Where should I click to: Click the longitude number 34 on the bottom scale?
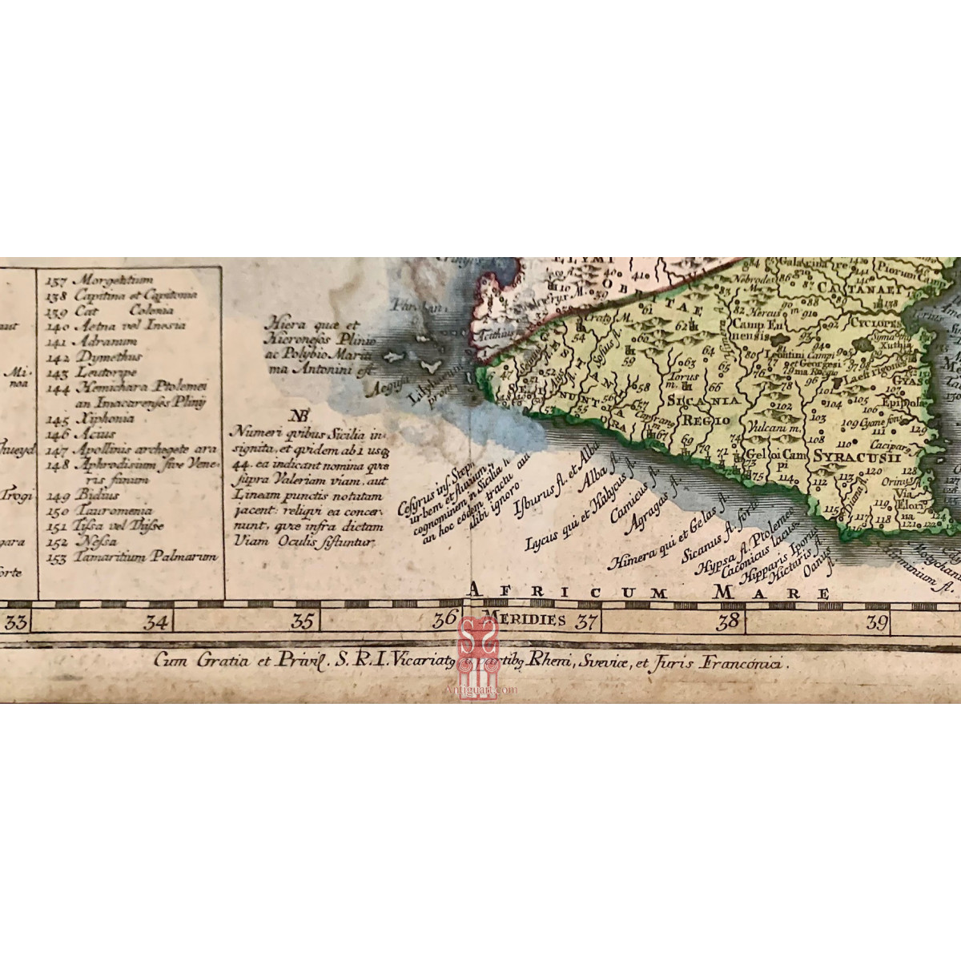click(155, 621)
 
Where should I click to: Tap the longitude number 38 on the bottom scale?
click(728, 621)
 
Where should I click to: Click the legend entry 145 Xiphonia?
click(94, 418)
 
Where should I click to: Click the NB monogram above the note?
click(300, 416)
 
